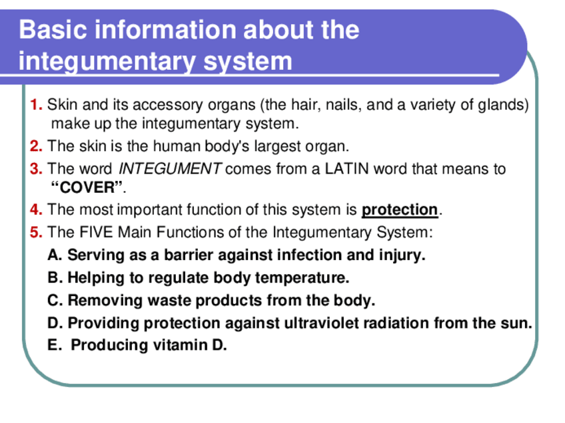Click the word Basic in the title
pyautogui.click(x=53, y=29)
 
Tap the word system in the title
pyautogui.click(x=248, y=61)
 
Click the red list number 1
pyautogui.click(x=36, y=104)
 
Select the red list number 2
pyautogui.click(x=36, y=146)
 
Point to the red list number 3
pyautogui.click(x=36, y=169)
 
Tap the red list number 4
pyautogui.click(x=36, y=210)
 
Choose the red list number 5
pyautogui.click(x=36, y=232)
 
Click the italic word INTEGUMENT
pyautogui.click(x=170, y=169)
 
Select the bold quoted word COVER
pyautogui.click(x=87, y=188)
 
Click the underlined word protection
pyautogui.click(x=400, y=210)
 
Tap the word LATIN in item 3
pyautogui.click(x=346, y=169)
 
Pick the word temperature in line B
pyautogui.click(x=302, y=278)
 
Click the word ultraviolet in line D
pyautogui.click(x=321, y=323)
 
